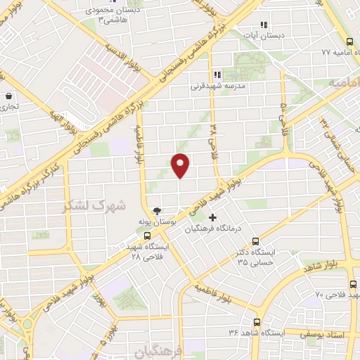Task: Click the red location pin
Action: tap(181, 165)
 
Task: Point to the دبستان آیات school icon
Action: tap(263, 24)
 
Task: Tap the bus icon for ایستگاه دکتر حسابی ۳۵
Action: tap(255, 240)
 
